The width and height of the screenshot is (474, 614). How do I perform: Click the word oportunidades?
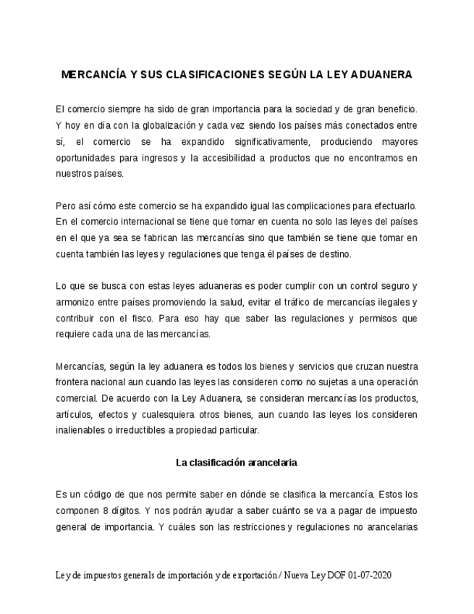point(85,158)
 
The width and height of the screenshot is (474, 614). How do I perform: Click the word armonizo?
point(75,301)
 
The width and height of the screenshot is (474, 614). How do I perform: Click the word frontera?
point(73,382)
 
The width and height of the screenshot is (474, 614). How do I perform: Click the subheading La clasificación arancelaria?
point(237,462)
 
